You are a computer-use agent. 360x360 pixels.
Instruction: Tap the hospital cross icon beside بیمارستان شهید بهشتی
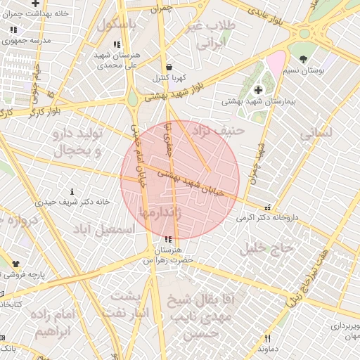[x=259, y=90]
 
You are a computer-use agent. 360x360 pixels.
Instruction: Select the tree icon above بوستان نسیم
[x=303, y=59]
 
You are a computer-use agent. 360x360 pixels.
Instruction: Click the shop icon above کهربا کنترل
[x=168, y=66]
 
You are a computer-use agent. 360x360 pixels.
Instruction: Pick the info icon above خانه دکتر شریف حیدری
[x=72, y=191]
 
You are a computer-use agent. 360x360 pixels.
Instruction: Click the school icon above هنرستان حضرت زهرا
[x=167, y=240]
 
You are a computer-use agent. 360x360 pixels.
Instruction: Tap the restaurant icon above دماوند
[x=267, y=338]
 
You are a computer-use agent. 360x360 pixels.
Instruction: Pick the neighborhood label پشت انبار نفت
[x=127, y=304]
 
